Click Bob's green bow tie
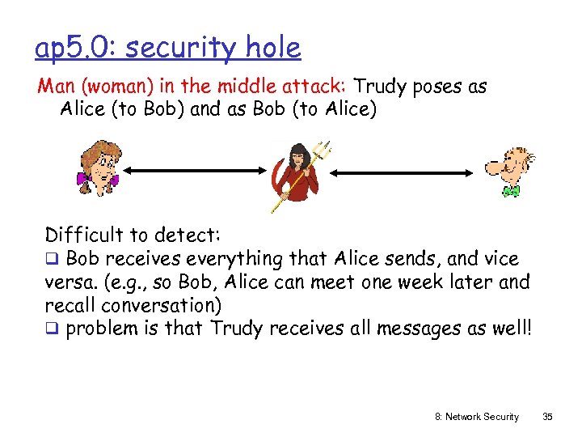click(x=510, y=191)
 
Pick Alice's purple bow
click(x=82, y=178)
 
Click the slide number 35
click(x=547, y=417)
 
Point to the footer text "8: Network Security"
click(x=476, y=417)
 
